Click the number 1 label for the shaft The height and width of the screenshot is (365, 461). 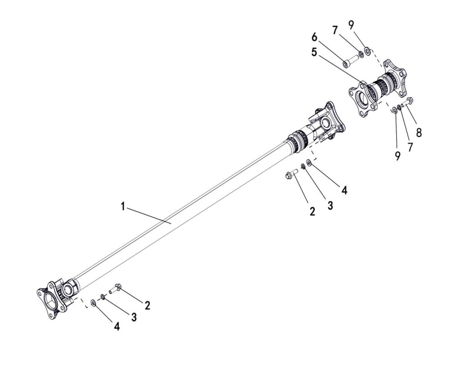pos(123,206)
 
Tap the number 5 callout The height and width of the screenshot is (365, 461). pos(314,53)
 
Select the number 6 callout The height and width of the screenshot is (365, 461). pos(315,37)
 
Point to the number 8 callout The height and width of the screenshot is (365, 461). pos(419,132)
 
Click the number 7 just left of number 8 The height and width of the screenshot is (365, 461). pos(410,147)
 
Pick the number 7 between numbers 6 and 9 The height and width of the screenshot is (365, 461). pos(335,30)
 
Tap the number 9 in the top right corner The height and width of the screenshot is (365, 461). pos(352,25)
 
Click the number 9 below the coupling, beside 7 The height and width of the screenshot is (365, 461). pos(398,156)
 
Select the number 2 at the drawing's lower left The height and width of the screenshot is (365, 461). pos(147,305)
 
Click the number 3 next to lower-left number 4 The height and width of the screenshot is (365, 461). pos(134,317)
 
